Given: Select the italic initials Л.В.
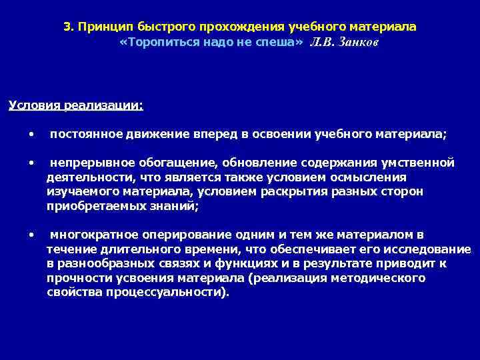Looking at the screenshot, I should (322, 42).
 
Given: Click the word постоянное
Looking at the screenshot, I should (85, 134).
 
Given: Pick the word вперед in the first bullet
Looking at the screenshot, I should (221, 134).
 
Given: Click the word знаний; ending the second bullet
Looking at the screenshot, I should (176, 207).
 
